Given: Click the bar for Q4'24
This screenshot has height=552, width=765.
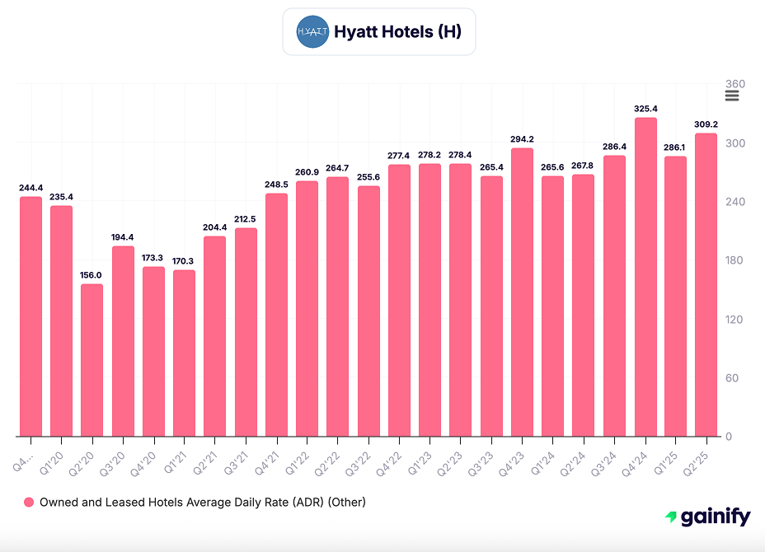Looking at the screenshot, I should [645, 277].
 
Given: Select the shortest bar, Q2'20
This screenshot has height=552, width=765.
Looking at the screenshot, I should [92, 360].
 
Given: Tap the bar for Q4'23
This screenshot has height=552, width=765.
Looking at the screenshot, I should [522, 292].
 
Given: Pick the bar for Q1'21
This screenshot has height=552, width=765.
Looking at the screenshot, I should [185, 353].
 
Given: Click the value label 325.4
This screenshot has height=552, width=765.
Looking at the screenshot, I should [645, 109].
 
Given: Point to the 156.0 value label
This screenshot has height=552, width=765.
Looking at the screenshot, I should [92, 275].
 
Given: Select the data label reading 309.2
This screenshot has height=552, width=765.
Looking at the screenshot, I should [706, 124].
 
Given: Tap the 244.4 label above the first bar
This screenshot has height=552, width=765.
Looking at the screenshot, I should [31, 188].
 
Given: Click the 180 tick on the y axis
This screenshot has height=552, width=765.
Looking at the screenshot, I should [734, 260].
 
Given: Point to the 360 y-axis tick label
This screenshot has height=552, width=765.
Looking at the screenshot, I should [734, 84].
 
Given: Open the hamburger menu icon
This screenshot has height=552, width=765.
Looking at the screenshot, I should [732, 96].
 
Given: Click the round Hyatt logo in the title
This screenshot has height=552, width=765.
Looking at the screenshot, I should [312, 32].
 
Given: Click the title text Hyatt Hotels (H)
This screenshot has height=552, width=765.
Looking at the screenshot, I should [397, 32].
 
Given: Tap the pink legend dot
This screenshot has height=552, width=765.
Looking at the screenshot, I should [29, 502].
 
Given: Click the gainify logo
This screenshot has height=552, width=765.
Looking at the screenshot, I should [707, 517].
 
